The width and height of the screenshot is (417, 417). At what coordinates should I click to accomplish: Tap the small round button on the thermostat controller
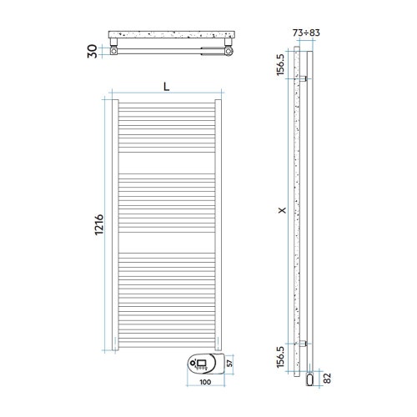click(x=194, y=364)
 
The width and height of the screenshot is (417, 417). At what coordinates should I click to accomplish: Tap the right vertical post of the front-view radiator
click(x=219, y=225)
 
